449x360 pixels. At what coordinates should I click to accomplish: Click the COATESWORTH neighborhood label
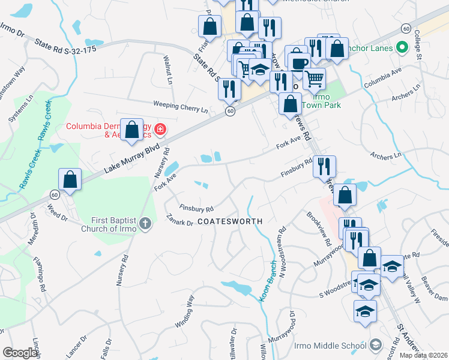(x=230, y=221)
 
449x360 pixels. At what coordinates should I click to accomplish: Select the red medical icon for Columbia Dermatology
(x=160, y=128)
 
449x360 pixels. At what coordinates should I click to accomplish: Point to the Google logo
(x=19, y=353)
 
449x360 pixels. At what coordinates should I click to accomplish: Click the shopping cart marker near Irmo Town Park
(x=314, y=77)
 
